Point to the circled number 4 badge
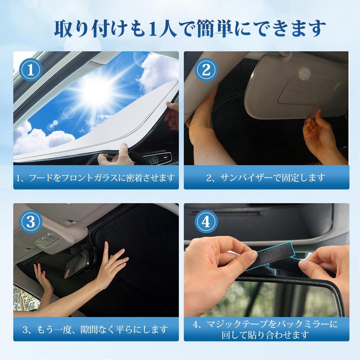pyautogui.click(x=206, y=222)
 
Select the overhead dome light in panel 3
pyautogui.click(x=46, y=240)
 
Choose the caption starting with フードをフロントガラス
pyautogui.click(x=96, y=178)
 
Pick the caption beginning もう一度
pyautogui.click(x=96, y=330)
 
